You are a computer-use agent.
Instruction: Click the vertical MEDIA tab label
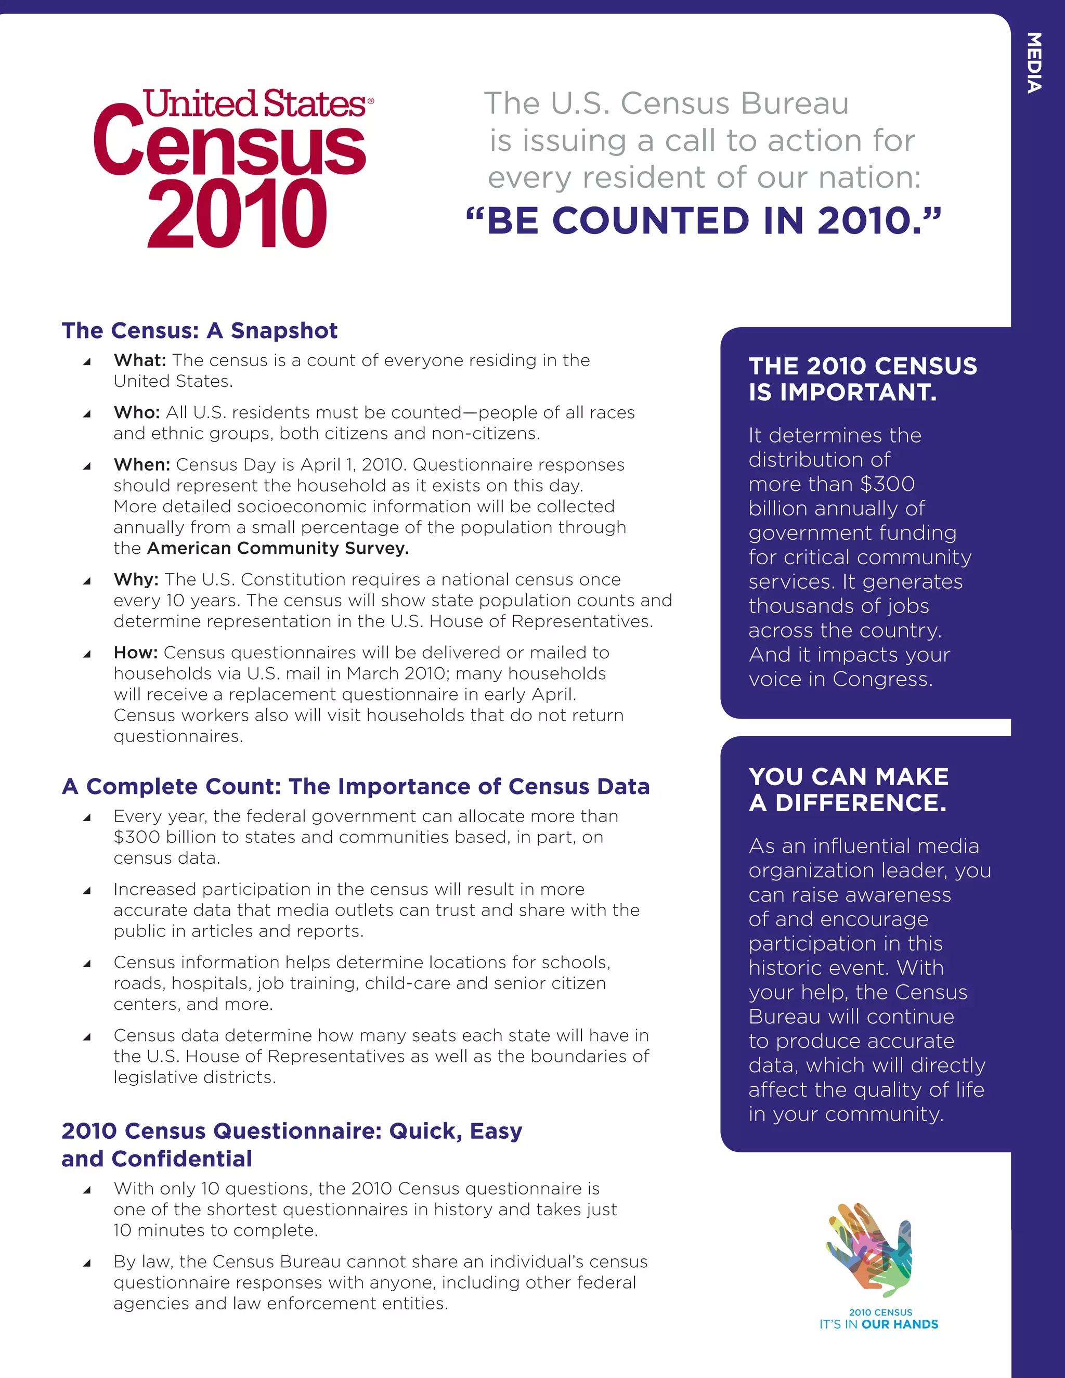1033,63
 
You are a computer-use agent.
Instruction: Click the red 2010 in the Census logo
237,215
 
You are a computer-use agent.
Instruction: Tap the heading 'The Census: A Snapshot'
199,331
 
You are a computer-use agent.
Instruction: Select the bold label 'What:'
139,360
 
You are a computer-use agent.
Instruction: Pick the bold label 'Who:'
136,413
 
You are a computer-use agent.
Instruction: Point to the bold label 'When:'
142,465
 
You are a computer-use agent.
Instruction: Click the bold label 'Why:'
136,580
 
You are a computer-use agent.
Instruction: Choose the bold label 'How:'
136,653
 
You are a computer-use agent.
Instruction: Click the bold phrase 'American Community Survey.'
278,548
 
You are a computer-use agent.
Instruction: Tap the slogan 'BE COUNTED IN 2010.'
703,221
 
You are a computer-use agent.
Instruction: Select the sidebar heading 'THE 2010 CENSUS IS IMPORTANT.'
863,379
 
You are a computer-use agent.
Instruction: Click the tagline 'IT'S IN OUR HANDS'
878,1324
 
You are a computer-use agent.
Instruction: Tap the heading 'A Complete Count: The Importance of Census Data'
356,787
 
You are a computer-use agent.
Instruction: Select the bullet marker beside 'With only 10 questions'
87,1190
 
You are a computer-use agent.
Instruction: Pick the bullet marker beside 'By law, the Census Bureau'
87,1263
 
